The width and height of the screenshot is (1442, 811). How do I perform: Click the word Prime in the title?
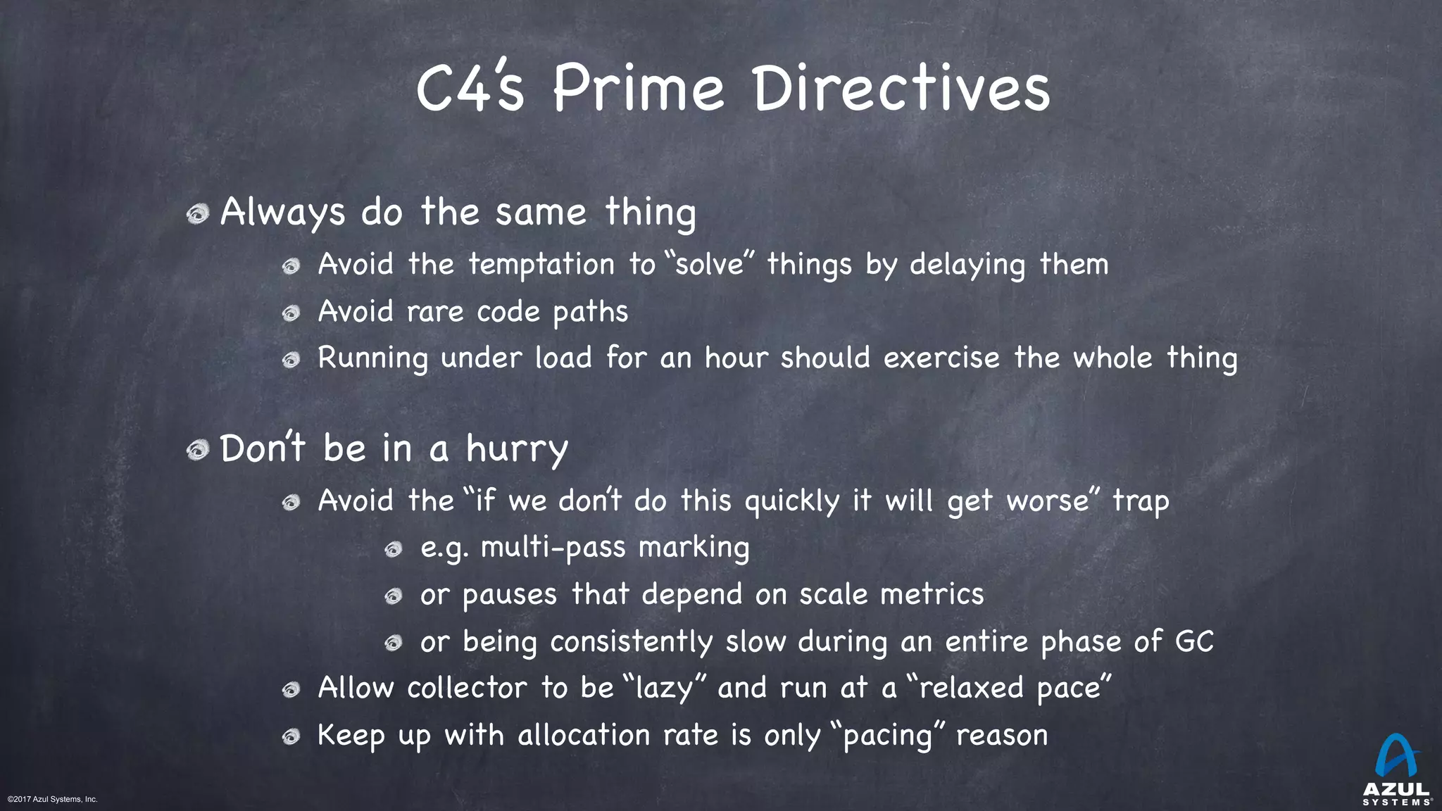638,89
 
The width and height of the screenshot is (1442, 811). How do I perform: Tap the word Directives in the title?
901,89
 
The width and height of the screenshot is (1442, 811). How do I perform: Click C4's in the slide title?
470,89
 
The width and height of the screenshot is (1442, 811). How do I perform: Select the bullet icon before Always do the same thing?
198,214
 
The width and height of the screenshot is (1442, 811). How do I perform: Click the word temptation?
541,265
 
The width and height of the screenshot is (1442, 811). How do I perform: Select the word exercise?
941,358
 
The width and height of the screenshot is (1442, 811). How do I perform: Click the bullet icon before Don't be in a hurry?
198,450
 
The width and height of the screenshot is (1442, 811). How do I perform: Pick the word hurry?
516,450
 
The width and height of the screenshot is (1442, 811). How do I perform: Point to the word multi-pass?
553,548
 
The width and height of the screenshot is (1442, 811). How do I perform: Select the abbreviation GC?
1194,641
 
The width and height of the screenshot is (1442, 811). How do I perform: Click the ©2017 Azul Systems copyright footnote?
53,799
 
